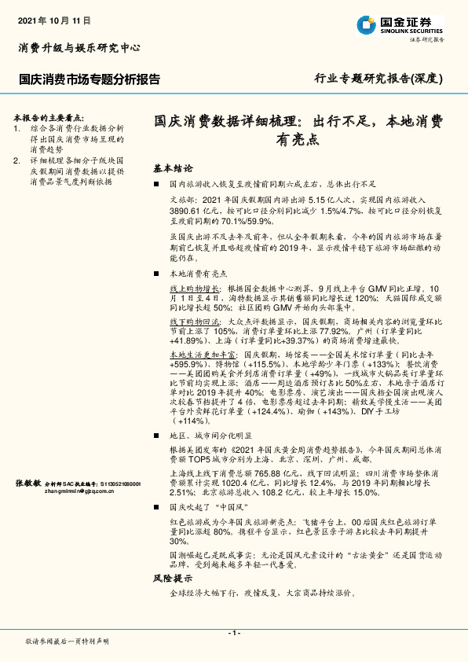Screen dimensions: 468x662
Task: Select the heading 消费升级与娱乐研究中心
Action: pyautogui.click(x=79, y=48)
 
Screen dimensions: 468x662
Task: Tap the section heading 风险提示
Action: pyautogui.click(x=174, y=578)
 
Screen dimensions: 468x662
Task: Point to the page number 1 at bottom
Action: pyautogui.click(x=233, y=633)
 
